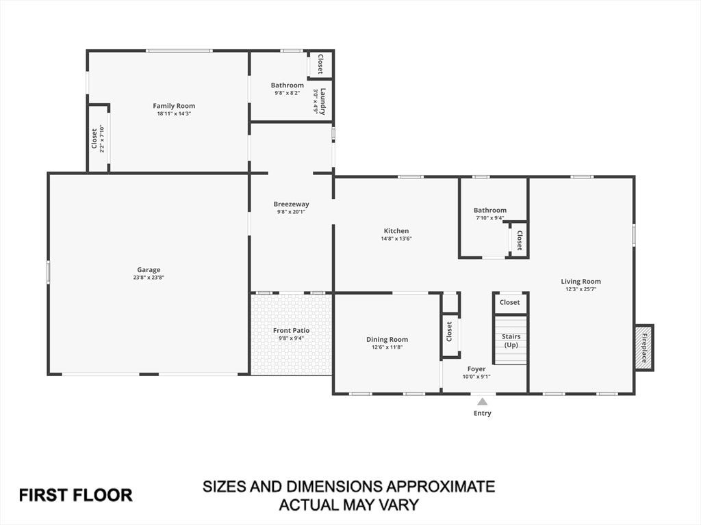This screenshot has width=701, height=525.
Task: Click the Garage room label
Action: click(149, 269)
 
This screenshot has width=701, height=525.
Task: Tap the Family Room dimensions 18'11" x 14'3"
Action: click(174, 114)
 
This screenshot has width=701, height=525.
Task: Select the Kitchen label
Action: click(396, 231)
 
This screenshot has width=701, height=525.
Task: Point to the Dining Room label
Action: click(387, 340)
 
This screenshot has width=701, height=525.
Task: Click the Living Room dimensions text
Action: click(581, 289)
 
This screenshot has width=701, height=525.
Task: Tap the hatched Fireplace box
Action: click(644, 347)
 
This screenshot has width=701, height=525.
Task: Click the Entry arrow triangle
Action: click(483, 401)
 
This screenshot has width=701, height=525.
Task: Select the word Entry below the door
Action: click(483, 414)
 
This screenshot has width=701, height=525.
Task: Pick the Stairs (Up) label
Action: click(511, 340)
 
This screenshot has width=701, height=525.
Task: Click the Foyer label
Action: click(476, 368)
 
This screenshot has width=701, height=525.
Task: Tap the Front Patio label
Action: click(292, 330)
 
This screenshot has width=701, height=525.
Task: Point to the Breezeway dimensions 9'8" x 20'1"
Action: click(291, 212)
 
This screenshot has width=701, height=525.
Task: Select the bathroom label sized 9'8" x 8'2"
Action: click(288, 85)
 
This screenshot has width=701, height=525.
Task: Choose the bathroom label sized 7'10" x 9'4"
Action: click(490, 210)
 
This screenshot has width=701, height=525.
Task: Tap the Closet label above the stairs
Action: click(509, 302)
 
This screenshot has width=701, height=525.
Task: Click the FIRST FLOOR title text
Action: click(75, 495)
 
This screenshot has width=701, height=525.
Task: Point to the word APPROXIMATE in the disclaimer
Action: click(435, 486)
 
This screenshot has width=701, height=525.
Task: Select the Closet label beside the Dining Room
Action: click(449, 332)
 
